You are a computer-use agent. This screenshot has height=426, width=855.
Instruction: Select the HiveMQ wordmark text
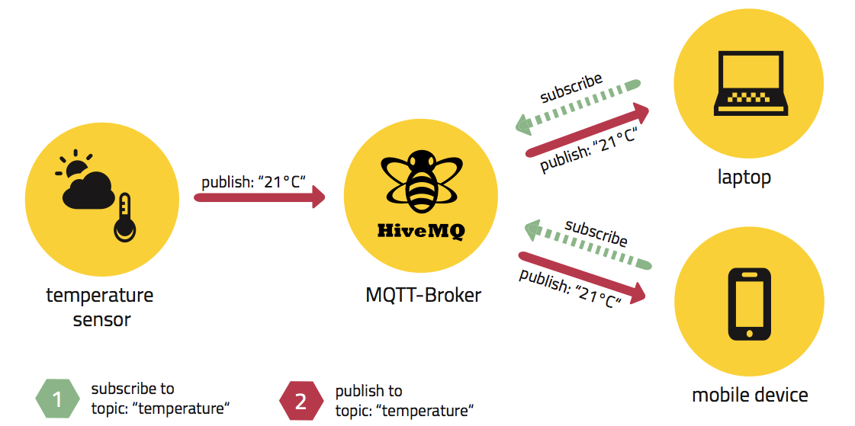pos(420,230)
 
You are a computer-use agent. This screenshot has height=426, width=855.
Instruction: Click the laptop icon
pos(749,83)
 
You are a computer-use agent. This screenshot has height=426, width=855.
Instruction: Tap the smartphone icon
pos(750,303)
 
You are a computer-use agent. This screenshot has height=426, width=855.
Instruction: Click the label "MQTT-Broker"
pos(423,295)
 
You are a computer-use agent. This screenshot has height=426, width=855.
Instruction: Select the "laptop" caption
pos(744,178)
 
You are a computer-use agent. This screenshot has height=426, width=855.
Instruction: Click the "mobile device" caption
pos(750,395)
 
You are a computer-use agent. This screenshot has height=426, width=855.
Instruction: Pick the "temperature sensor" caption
pos(100,306)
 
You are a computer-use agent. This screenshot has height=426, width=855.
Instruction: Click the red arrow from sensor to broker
pos(259,198)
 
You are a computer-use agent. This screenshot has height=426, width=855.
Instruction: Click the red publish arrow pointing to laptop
pos(587,131)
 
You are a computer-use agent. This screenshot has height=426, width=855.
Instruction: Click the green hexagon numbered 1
pos(57,399)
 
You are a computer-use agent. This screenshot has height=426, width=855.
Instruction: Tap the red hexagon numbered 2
pos(301,400)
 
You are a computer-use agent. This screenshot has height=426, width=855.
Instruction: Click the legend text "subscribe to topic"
pos(159,399)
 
